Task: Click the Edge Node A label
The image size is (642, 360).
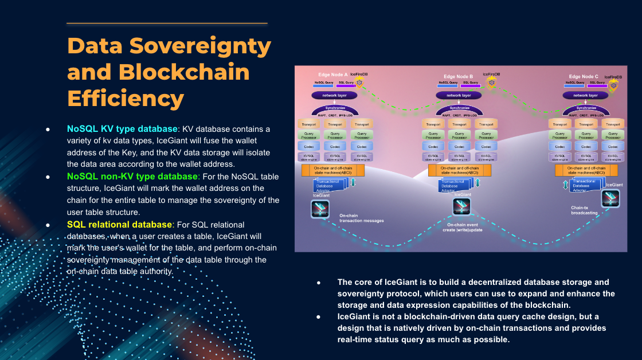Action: click(x=333, y=75)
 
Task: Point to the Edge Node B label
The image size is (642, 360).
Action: click(x=458, y=76)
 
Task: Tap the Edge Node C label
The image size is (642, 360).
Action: click(x=583, y=76)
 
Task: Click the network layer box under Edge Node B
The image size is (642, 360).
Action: click(x=458, y=96)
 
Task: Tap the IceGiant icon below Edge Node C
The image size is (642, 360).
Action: click(x=609, y=198)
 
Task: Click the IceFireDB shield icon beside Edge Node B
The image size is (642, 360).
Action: click(x=491, y=83)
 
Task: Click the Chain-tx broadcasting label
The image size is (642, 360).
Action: click(x=584, y=210)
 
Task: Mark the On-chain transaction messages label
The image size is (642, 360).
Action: click(x=361, y=218)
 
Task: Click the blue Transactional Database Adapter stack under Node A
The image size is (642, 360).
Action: click(x=331, y=185)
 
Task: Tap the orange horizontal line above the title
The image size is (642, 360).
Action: click(x=167, y=23)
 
